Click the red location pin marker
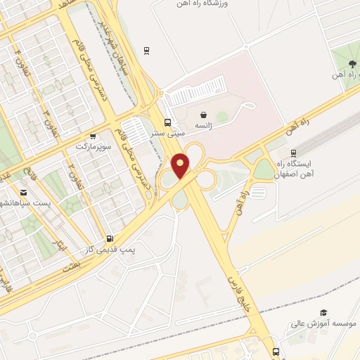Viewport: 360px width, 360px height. (181, 166)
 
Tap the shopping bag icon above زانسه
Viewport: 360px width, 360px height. (203, 114)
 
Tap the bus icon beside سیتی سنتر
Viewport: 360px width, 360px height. (167, 120)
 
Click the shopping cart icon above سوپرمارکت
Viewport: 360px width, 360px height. (91, 136)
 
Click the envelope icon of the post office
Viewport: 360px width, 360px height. (24, 192)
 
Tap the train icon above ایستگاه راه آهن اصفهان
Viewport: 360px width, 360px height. (293, 153)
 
